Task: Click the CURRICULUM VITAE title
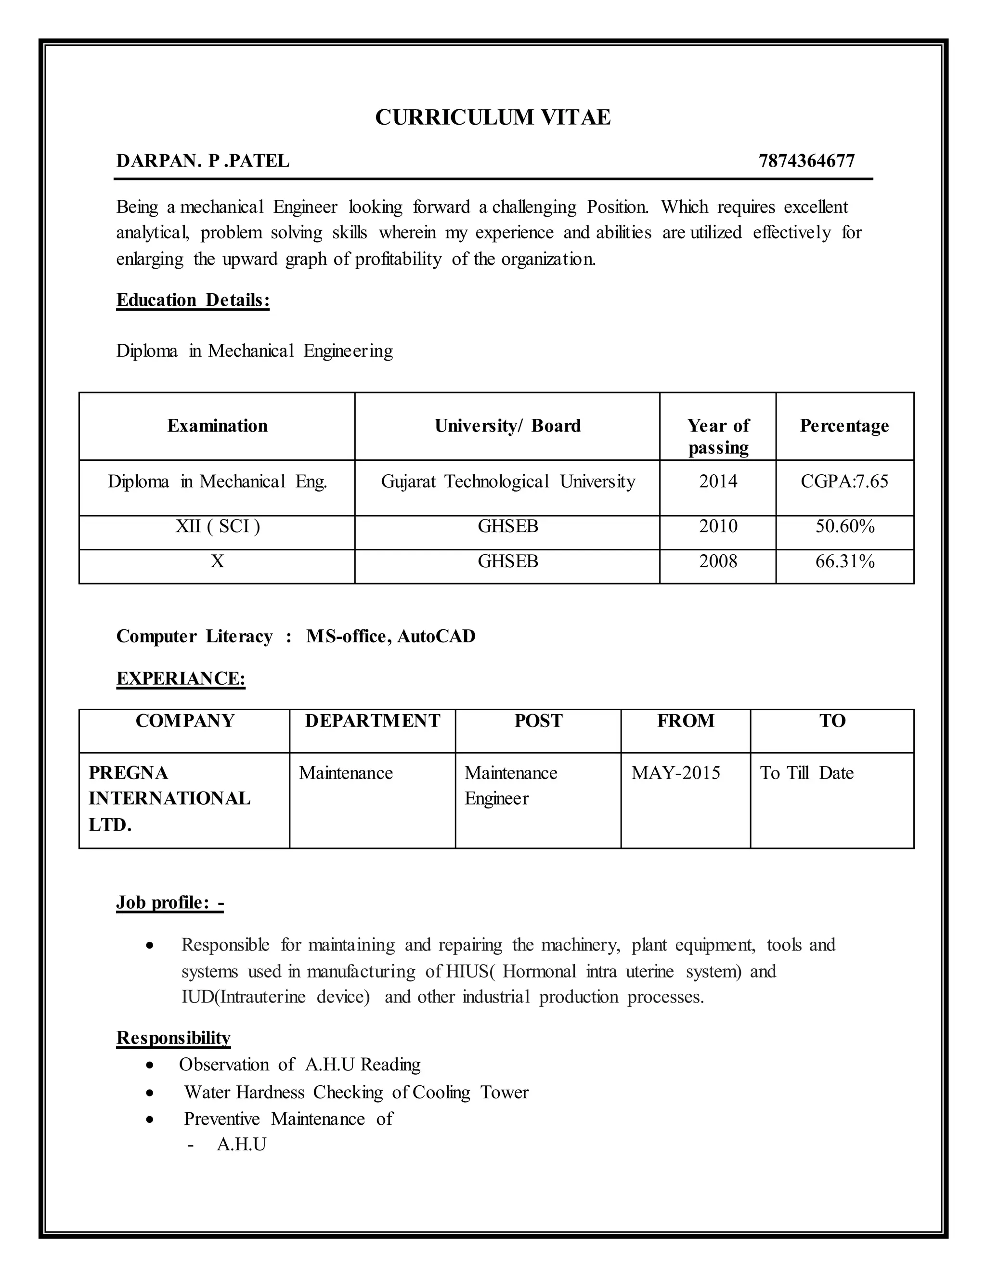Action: click(493, 117)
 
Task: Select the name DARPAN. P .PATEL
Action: click(203, 161)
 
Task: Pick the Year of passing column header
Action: click(717, 436)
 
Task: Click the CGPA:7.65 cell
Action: click(844, 482)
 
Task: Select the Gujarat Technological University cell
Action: click(507, 482)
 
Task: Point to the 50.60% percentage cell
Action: click(844, 526)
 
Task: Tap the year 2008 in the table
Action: click(718, 561)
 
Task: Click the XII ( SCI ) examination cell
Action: click(217, 526)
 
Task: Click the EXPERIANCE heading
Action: click(181, 678)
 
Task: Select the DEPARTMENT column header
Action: click(372, 720)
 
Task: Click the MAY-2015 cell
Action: click(675, 773)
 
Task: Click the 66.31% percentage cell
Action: click(844, 561)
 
